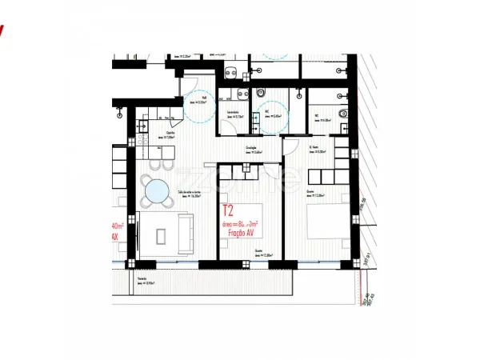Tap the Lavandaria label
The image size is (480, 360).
click(234, 114)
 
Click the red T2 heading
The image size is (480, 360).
click(228, 212)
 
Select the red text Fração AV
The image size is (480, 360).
click(237, 233)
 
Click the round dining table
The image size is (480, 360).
click(156, 190)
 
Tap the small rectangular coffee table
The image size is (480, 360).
click(161, 236)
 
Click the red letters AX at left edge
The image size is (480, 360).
click(114, 237)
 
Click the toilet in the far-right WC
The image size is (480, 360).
click(342, 114)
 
